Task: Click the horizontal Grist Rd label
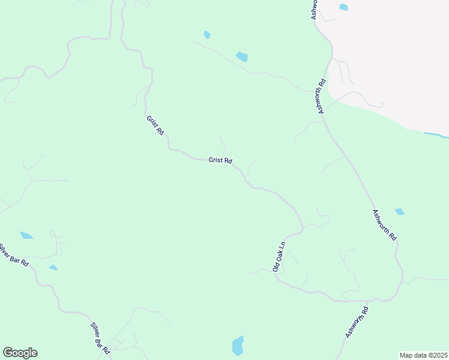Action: click(220, 161)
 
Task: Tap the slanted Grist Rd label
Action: click(155, 125)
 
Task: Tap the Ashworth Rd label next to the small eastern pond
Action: click(384, 225)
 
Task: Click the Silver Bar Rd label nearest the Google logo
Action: click(100, 337)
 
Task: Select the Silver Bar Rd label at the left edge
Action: click(13, 255)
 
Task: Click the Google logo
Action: click(20, 353)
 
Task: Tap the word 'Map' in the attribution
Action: click(406, 355)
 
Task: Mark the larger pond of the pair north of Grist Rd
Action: click(242, 57)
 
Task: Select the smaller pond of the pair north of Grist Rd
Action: click(207, 35)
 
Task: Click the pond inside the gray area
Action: click(343, 7)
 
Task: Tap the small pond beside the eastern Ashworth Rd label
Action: click(400, 212)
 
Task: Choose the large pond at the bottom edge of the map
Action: click(238, 346)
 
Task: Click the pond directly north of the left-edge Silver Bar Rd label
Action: click(26, 235)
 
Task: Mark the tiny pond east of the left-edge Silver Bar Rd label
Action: click(53, 267)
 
